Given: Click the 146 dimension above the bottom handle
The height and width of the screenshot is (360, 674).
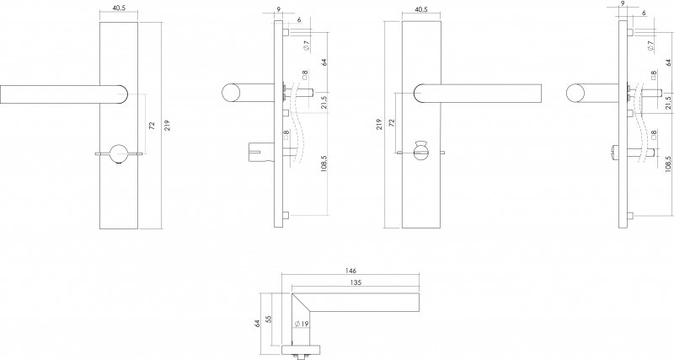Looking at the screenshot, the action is [x=350, y=271].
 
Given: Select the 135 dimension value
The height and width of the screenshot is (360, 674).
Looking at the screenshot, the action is [x=356, y=282].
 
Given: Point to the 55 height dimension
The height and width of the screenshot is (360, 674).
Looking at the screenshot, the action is [x=269, y=320].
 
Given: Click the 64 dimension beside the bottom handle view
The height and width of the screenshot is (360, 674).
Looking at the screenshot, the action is [x=257, y=323].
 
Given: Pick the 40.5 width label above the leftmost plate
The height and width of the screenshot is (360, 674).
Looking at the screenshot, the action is [x=118, y=8].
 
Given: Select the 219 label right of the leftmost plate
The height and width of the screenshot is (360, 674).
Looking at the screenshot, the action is [x=167, y=125].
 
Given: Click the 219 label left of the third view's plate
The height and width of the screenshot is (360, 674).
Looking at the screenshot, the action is [x=380, y=124].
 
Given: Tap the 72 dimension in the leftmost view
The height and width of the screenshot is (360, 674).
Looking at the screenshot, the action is [x=152, y=126].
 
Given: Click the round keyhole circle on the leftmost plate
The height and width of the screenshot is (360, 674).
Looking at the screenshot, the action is [x=118, y=153].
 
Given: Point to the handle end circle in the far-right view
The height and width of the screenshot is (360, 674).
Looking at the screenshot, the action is [x=575, y=93].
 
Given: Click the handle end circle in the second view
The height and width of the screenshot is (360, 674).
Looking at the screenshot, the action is [x=231, y=93].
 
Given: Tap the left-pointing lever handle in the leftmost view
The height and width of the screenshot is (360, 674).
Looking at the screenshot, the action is [x=64, y=94].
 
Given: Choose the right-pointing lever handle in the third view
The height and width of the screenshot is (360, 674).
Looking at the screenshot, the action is [x=477, y=94].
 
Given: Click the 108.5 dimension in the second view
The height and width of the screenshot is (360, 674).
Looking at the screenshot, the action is [x=324, y=164].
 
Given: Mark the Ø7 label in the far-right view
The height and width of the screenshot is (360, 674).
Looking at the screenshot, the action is [x=650, y=46].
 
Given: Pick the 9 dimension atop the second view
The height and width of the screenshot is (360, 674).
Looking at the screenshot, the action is [x=279, y=8].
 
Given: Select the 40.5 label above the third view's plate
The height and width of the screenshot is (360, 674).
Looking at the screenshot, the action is [x=420, y=8].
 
